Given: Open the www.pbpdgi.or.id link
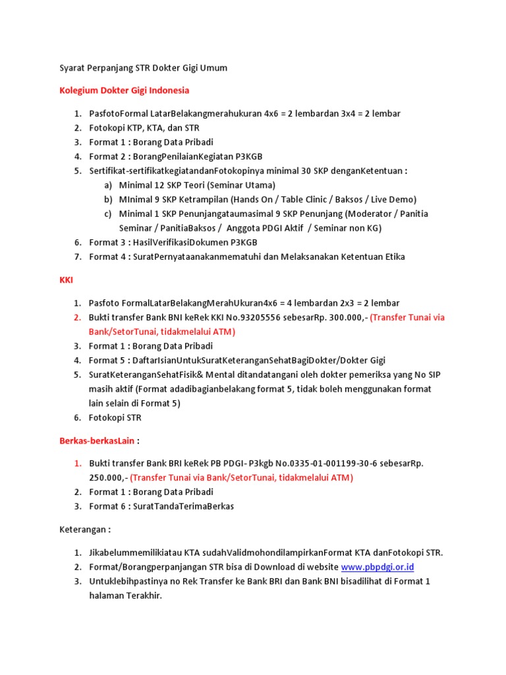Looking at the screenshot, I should point(378,567).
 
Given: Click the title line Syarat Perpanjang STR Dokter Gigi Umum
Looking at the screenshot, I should point(143,68).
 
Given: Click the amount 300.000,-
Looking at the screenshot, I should point(342,318).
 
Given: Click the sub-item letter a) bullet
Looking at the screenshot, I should point(108,185).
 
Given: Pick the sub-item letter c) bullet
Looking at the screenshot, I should point(108,214).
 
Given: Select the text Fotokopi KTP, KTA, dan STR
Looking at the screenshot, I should point(144,128).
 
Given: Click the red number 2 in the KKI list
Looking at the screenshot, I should point(77,318).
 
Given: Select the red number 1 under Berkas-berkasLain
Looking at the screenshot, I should point(77,463).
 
